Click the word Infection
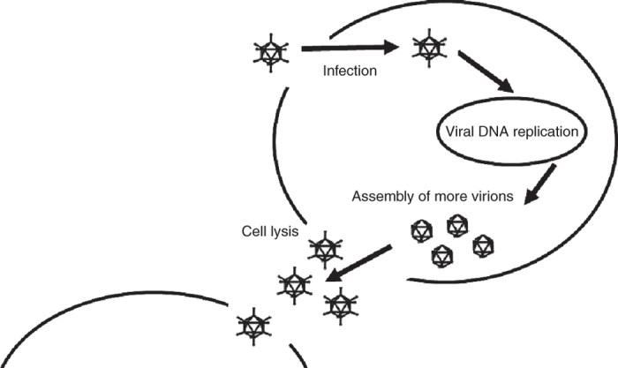coord(350,70)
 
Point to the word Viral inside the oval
coord(456,133)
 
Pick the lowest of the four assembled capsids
coord(441,256)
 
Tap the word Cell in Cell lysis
coord(255,231)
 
